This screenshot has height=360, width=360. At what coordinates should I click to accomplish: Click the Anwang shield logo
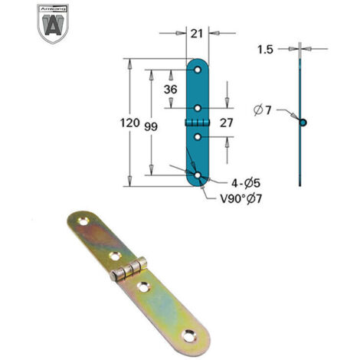[x=53, y=24]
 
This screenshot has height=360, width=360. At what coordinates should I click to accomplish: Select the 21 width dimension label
[x=197, y=34]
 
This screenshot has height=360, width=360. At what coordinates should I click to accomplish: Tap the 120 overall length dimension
[x=130, y=123]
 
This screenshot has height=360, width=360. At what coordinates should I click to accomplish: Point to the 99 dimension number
[x=151, y=126]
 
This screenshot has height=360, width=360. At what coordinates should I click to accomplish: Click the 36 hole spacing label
[x=170, y=90]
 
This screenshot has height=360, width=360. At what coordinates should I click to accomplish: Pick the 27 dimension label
[x=227, y=123]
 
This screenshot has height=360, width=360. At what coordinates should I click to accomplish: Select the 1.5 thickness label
[x=266, y=50]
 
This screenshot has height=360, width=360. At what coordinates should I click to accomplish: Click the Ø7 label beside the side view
[x=263, y=110]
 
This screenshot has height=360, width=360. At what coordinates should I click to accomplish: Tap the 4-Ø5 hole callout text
[x=246, y=183]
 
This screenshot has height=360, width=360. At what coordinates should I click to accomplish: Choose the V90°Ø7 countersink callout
[x=241, y=198]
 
